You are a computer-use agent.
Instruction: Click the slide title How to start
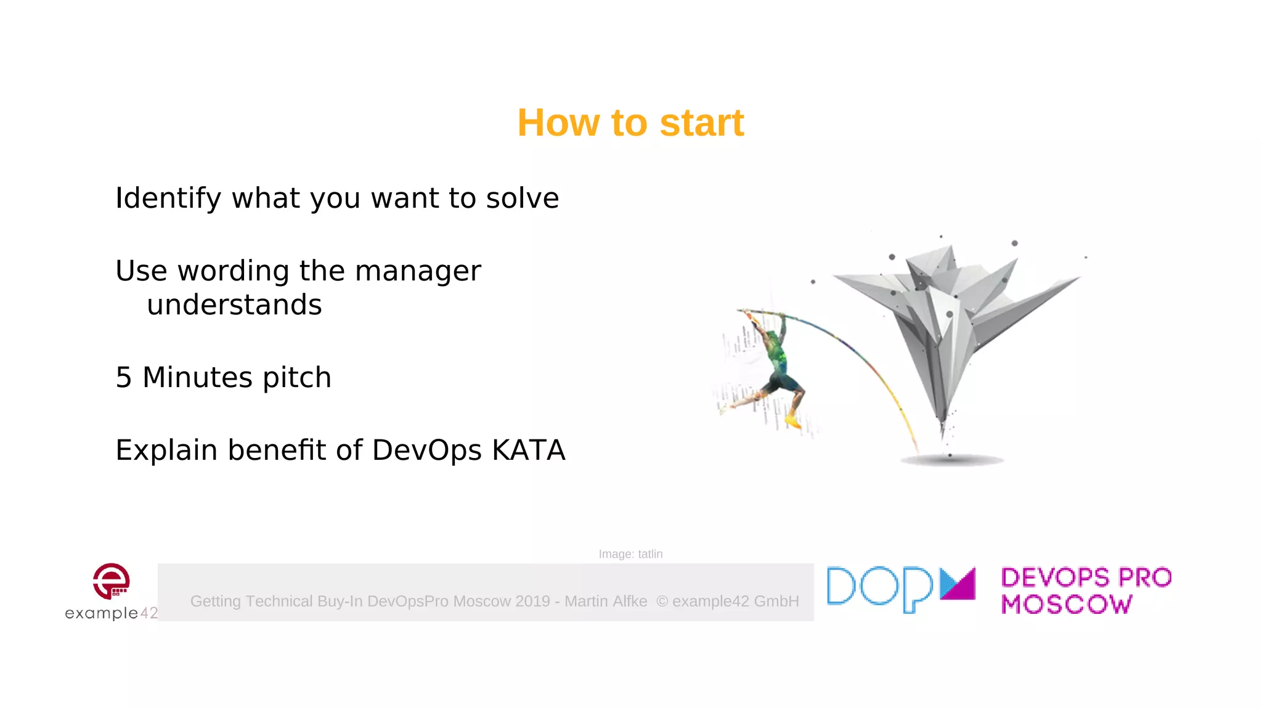630,123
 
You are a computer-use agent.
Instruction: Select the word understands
234,305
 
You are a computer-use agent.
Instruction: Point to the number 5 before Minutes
123,377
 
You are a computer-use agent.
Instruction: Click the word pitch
296,378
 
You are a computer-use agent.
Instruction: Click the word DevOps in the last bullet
426,451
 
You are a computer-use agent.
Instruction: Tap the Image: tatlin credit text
630,554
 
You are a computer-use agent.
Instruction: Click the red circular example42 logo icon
111,581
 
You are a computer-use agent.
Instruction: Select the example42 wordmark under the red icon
111,613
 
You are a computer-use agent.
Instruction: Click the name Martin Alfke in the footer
606,602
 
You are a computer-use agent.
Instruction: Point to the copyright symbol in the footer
662,602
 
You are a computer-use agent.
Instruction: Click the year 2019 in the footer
532,602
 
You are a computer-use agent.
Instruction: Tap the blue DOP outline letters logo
880,589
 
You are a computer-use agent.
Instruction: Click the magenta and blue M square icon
958,584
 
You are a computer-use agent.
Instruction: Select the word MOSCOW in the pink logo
1067,605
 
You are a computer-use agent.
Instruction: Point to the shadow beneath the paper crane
952,460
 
